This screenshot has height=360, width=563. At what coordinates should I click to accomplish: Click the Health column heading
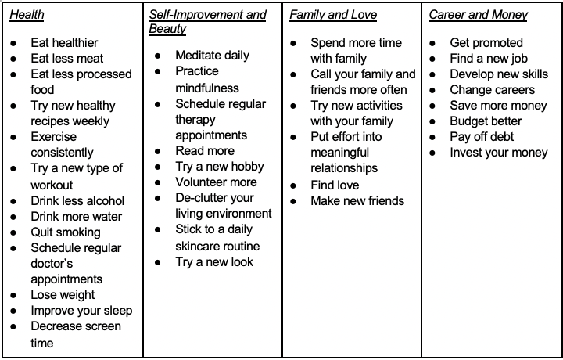(27, 15)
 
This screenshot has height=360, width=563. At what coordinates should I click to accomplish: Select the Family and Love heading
(332, 15)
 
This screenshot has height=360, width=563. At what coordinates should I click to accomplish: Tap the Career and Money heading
(478, 15)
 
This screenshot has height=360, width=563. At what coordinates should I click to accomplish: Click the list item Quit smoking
(66, 232)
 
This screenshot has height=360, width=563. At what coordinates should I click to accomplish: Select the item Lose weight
(63, 295)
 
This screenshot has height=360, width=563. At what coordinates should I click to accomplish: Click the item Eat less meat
(66, 59)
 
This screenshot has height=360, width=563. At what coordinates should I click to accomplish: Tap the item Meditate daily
(213, 56)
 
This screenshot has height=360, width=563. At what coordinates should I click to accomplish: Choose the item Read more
(205, 151)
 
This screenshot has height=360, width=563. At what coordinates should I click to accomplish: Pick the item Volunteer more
(216, 182)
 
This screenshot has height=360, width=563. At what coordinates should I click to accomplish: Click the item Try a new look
(214, 262)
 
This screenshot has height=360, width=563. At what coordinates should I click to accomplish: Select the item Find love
(335, 185)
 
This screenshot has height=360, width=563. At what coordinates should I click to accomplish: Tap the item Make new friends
(357, 201)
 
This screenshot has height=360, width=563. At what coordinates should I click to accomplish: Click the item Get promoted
(486, 43)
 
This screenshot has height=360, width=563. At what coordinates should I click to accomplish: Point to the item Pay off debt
(482, 137)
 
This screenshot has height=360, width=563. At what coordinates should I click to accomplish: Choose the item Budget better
(486, 121)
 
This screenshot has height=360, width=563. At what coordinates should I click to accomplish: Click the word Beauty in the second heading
(167, 29)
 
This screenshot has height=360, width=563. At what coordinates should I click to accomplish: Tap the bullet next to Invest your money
(433, 153)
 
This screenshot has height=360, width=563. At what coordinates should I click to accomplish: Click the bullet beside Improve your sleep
(14, 311)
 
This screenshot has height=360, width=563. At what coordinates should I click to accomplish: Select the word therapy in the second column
(196, 120)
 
